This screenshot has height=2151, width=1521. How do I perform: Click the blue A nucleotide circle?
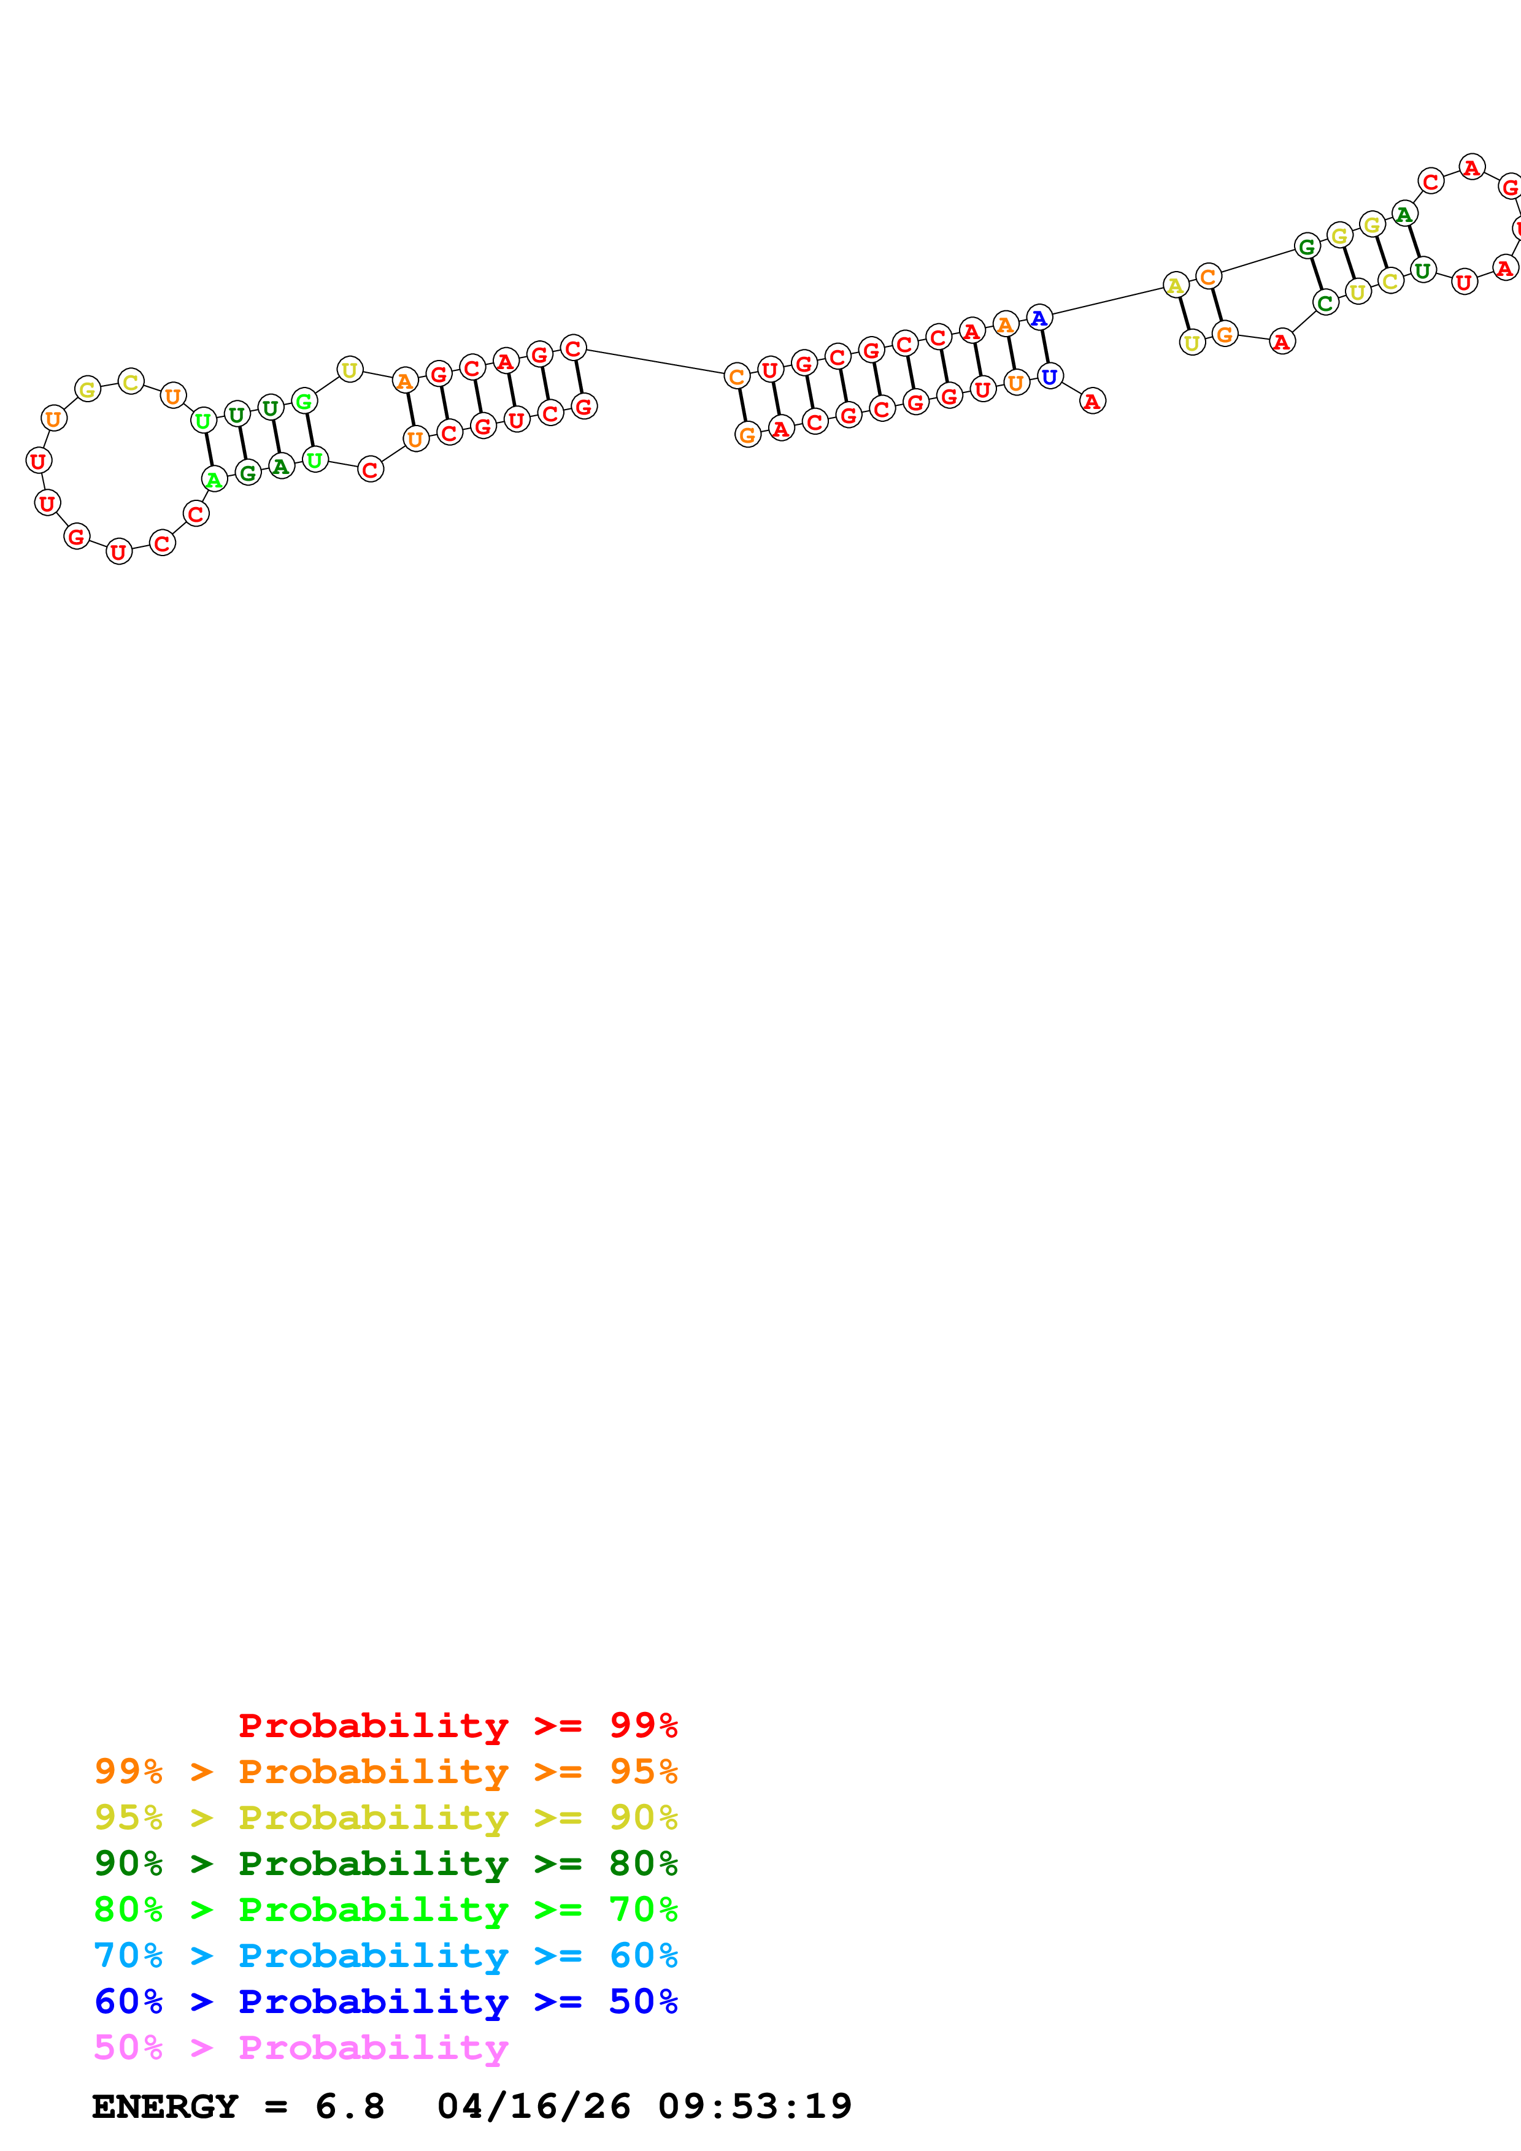click(x=1038, y=318)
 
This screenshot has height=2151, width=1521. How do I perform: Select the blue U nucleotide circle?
click(x=1050, y=376)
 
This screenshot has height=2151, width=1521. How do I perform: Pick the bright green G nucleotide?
click(x=304, y=402)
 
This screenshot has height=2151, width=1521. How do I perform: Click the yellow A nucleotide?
click(x=1175, y=285)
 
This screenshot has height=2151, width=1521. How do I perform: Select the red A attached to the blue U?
click(x=1092, y=401)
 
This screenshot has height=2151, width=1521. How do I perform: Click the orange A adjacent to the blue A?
click(x=1004, y=324)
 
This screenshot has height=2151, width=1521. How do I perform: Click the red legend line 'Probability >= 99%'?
click(x=457, y=1725)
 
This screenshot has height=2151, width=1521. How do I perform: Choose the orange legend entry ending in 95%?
click(x=385, y=1771)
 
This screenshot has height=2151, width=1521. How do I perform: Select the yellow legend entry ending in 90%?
click(x=385, y=1817)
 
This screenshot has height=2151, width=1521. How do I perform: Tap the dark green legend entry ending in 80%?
click(x=385, y=1862)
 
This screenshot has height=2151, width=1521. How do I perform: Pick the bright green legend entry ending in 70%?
click(x=385, y=1908)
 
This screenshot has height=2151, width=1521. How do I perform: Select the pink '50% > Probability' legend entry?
click(x=301, y=2047)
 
